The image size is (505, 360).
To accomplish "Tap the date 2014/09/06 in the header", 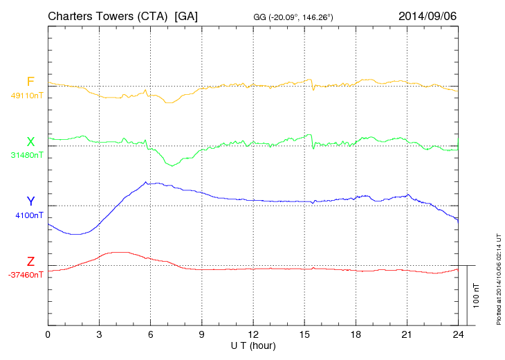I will tap(427, 15).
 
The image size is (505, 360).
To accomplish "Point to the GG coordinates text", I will tap(294, 17).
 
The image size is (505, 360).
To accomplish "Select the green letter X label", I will tap(30, 142).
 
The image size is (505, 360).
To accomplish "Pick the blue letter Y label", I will tap(30, 201).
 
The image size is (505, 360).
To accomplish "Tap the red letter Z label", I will tap(30, 262).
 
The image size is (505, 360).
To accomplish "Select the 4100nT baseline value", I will tap(28, 215).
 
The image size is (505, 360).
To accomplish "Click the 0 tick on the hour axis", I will tap(48, 334).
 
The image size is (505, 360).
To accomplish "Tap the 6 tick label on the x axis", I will tap(151, 334).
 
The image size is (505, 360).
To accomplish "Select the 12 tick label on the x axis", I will tap(253, 334).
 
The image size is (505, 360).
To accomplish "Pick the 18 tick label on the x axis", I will tap(356, 334).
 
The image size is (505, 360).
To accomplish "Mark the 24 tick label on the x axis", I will tap(458, 334).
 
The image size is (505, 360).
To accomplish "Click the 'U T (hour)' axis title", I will tap(253, 345).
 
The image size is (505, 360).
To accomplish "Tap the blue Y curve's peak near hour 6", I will tap(146, 182).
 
